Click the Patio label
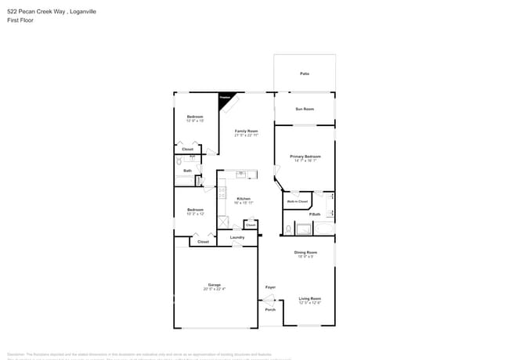305,74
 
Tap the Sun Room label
305,109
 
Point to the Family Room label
246,131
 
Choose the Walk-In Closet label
297,201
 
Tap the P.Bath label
315,214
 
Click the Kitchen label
244,199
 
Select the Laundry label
237,237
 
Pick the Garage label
214,285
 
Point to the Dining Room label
305,252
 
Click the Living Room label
310,298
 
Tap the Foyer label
270,287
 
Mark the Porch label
270,309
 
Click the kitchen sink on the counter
242,175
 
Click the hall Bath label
188,171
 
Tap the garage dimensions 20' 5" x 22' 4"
214,289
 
